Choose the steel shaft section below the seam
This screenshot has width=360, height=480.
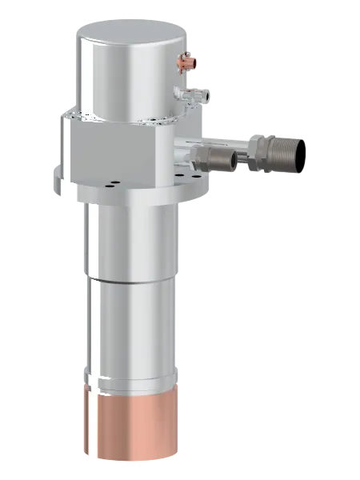coord(127,328)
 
